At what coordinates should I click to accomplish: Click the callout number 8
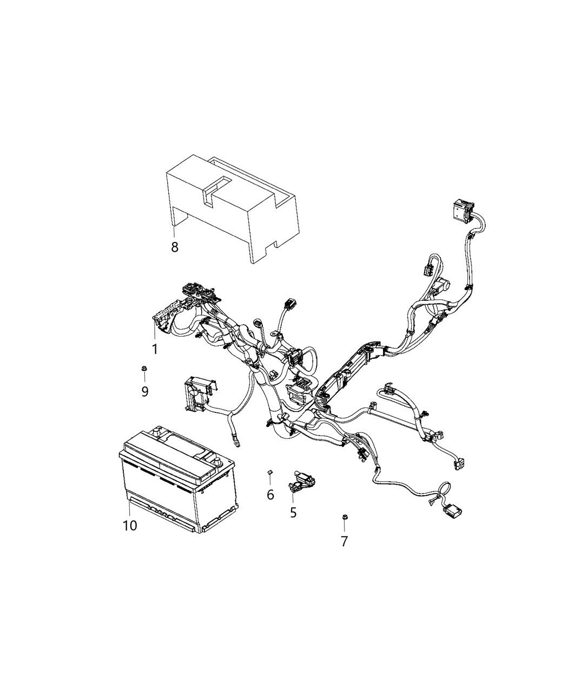pos(174,247)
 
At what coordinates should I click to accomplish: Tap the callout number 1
pos(155,350)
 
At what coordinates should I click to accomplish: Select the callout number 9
pos(144,391)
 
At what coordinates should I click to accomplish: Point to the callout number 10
pos(130,525)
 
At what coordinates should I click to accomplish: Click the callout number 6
pos(270,494)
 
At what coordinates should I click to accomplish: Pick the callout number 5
pos(293,512)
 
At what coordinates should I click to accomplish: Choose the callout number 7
pos(344,541)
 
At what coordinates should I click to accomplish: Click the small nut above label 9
pos(144,369)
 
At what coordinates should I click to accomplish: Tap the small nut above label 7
pos(344,518)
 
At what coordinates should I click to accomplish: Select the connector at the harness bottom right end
pos(452,509)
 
